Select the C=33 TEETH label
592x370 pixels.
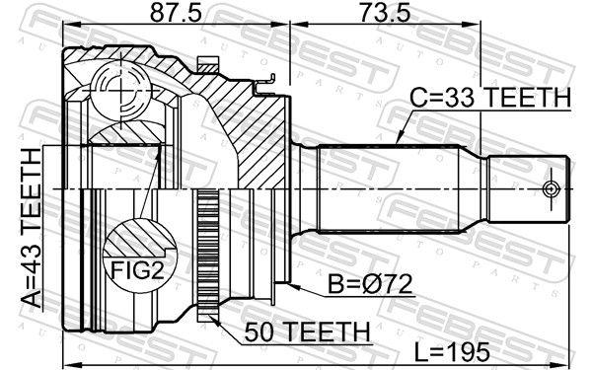(x=490, y=98)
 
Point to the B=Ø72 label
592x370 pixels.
(x=369, y=285)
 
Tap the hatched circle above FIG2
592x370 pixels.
(x=134, y=240)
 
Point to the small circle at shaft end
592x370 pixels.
(x=552, y=187)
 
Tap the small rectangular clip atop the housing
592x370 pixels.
(x=206, y=66)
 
